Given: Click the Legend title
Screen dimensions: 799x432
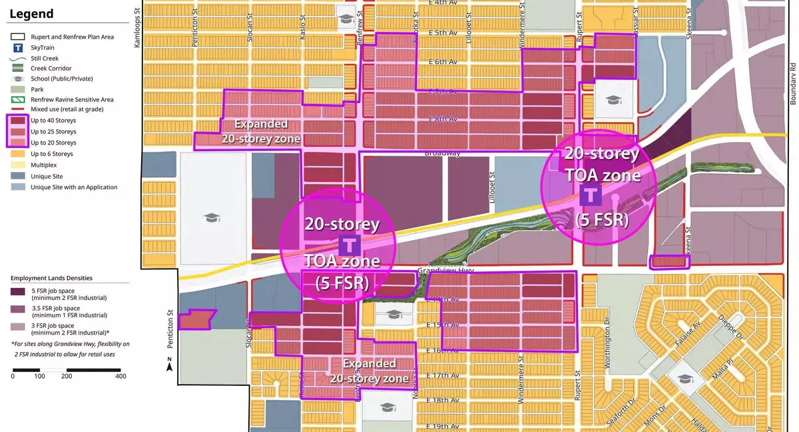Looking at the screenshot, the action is (31, 13).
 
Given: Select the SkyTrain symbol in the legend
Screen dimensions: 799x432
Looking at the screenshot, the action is (18, 47).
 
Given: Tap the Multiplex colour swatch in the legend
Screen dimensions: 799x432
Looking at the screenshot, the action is (18, 165).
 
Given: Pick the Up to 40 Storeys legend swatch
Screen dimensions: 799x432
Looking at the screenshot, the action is (18, 121).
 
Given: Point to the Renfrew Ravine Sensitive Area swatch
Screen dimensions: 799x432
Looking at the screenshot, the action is (18, 99).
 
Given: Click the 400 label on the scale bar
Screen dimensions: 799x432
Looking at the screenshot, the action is (121, 377).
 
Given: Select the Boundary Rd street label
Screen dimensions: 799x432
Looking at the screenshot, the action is (793, 83).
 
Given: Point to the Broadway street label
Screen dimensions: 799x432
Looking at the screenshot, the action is (442, 153).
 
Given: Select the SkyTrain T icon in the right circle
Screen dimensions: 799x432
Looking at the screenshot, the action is (589, 195).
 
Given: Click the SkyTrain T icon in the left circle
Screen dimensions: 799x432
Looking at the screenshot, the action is (350, 243).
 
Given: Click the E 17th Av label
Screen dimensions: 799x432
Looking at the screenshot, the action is (442, 375).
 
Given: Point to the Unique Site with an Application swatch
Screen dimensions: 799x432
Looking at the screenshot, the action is (18, 187).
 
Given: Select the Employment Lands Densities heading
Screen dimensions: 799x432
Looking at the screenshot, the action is (51, 278).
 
